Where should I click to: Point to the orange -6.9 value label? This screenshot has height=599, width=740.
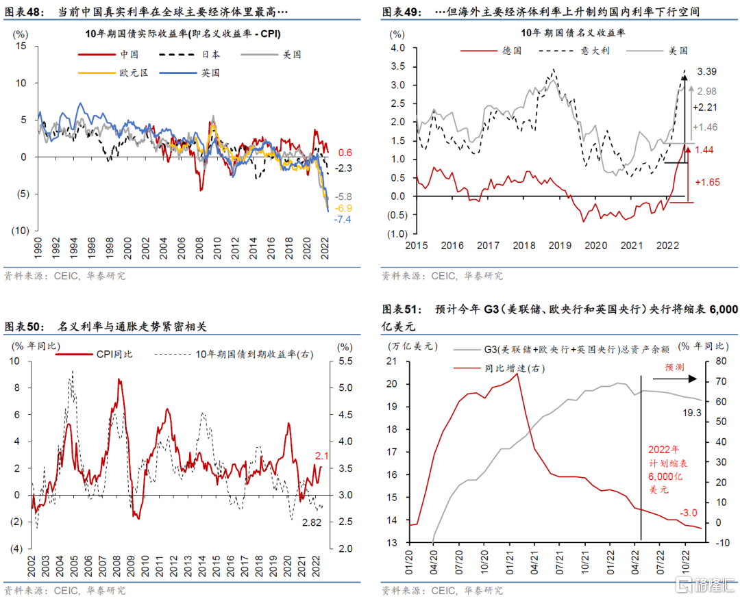pos(343,208)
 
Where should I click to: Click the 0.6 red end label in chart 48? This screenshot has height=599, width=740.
pos(345,152)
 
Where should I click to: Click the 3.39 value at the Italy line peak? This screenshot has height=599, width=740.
pos(708,71)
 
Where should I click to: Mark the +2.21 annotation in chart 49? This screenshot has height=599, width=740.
pos(706,107)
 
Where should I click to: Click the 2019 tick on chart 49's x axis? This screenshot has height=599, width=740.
pos(560,245)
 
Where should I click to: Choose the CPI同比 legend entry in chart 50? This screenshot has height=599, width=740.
pos(113,354)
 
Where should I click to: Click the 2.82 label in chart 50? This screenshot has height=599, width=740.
pos(312,522)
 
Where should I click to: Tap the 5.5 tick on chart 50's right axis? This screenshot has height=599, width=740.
pos(345,361)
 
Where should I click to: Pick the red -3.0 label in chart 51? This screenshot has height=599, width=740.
pos(688,513)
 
